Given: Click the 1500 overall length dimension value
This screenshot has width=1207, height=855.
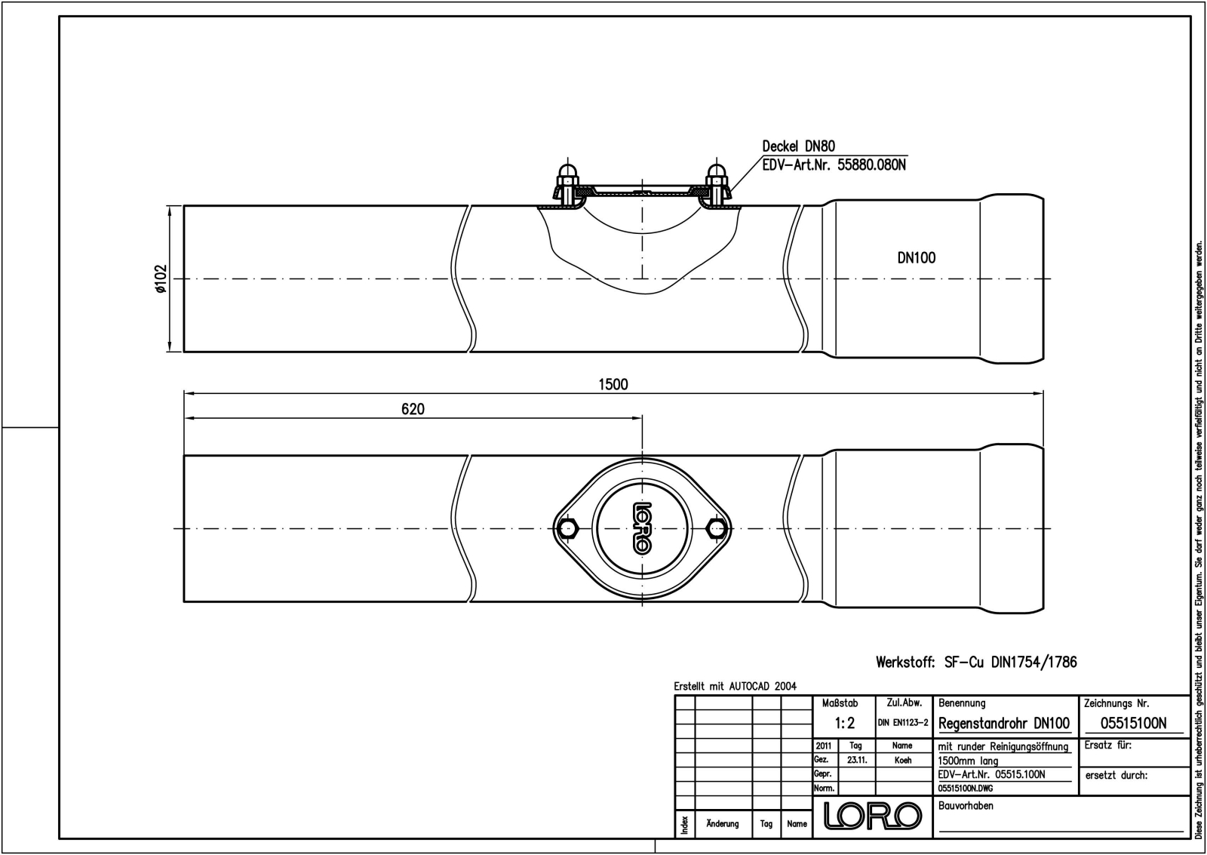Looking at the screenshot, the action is click(613, 384).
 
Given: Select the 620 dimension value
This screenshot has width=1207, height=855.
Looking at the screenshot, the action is click(413, 409).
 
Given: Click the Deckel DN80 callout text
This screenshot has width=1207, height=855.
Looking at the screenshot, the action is click(799, 146).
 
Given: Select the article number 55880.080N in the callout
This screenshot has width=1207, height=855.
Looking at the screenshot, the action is click(871, 165).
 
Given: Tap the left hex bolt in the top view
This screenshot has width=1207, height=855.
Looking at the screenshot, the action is click(567, 528).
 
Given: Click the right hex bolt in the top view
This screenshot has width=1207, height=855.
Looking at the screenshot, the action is click(717, 528).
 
